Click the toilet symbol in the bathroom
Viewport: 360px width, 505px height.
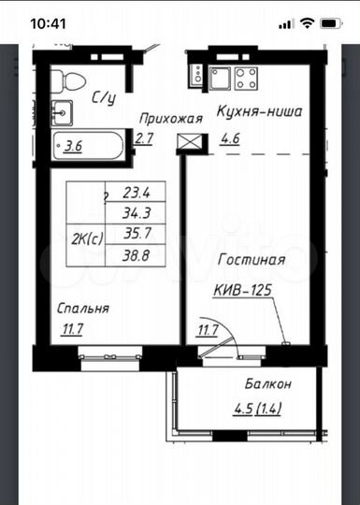pyautogui.click(x=68, y=79)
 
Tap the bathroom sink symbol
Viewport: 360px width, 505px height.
pyautogui.click(x=62, y=113)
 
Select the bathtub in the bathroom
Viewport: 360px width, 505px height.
pyautogui.click(x=88, y=146)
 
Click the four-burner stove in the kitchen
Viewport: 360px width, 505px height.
pyautogui.click(x=246, y=79)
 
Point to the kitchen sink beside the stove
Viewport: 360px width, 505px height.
pyautogui.click(x=220, y=79)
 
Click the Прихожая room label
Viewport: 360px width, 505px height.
pyautogui.click(x=171, y=119)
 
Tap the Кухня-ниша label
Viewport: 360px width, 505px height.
pyautogui.click(x=260, y=111)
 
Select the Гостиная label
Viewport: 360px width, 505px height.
pyautogui.click(x=252, y=260)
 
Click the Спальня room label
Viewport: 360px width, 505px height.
pyautogui.click(x=83, y=309)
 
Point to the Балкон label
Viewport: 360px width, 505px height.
pyautogui.click(x=268, y=384)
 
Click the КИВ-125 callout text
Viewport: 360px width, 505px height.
pyautogui.click(x=243, y=291)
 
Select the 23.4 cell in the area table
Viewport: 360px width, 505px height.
pyautogui.click(x=136, y=192)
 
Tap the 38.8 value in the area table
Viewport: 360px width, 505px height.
pyautogui.click(x=136, y=255)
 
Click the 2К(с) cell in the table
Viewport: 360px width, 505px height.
pyautogui.click(x=86, y=239)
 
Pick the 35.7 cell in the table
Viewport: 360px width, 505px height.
pyautogui.click(x=136, y=234)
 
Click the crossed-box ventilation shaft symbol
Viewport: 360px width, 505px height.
pyautogui.click(x=189, y=142)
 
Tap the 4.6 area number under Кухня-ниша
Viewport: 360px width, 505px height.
pyautogui.click(x=230, y=138)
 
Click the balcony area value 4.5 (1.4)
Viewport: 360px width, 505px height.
pyautogui.click(x=257, y=409)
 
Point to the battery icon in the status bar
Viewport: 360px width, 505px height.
pyautogui.click(x=332, y=23)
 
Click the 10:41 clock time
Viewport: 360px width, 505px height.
pyautogui.click(x=48, y=23)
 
